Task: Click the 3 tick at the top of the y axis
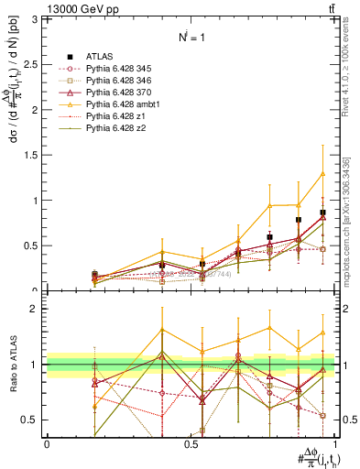pos(38,19)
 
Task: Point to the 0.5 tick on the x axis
pos(191,443)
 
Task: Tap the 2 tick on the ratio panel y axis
pos(38,309)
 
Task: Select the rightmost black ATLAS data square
pos(322,213)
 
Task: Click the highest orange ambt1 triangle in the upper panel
pos(322,174)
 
